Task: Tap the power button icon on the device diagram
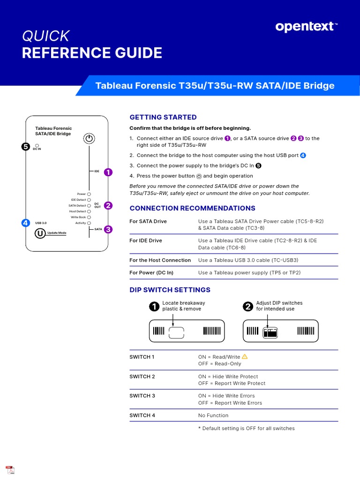click(x=89, y=138)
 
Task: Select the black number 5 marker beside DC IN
click(x=26, y=146)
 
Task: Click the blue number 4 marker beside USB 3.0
click(x=26, y=223)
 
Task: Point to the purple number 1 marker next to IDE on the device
click(x=108, y=172)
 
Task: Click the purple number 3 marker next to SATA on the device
click(x=108, y=229)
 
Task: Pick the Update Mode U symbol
click(x=41, y=233)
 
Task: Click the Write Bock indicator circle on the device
click(x=89, y=217)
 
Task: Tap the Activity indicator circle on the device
click(x=89, y=223)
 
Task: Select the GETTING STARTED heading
click(x=163, y=117)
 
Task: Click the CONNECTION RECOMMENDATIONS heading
click(x=192, y=208)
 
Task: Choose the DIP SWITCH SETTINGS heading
click(x=170, y=290)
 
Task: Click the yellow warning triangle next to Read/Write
click(x=244, y=357)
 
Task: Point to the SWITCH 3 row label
click(x=142, y=396)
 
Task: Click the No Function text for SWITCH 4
click(x=213, y=415)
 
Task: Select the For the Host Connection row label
click(x=160, y=260)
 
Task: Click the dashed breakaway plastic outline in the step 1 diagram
click(x=176, y=333)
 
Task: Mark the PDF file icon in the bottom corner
click(x=10, y=470)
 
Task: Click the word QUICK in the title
click(x=45, y=36)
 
